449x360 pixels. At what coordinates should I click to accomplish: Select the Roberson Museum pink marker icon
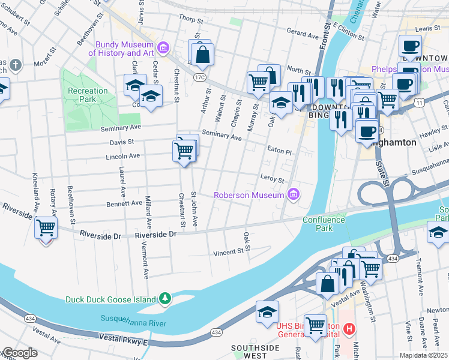click(x=293, y=194)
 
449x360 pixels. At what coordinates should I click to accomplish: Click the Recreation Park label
click(x=88, y=95)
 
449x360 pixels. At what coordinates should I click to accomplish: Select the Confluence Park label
click(x=324, y=224)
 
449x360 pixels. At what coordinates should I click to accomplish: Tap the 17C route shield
click(x=200, y=77)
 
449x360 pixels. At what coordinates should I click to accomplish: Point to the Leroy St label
click(x=272, y=178)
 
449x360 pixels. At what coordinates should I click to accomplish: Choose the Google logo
click(x=19, y=353)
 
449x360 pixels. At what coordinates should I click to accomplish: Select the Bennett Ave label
click(x=124, y=204)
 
